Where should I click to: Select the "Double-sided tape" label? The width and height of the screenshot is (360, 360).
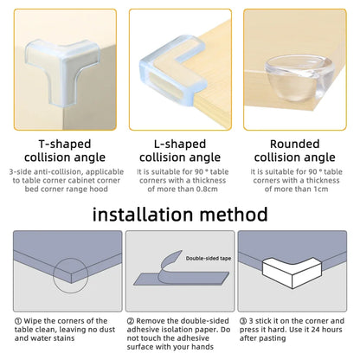(203, 256)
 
